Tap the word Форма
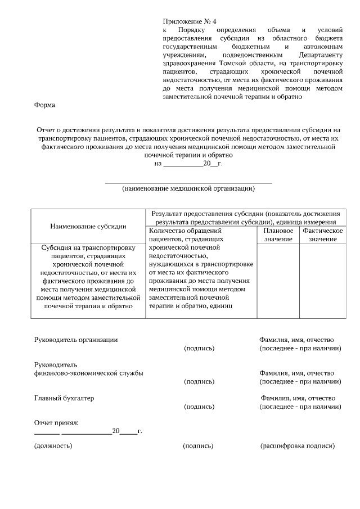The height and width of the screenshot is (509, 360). pyautogui.click(x=44, y=105)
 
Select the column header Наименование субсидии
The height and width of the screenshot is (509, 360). pyautogui.click(x=88, y=226)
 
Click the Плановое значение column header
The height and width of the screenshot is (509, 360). pyautogui.click(x=278, y=235)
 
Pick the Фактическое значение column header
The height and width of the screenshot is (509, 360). pyautogui.click(x=322, y=235)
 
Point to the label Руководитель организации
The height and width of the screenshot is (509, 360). pyautogui.click(x=76, y=340)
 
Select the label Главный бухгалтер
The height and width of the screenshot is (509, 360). pyautogui.click(x=64, y=398)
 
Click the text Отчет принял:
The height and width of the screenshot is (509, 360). pyautogui.click(x=56, y=422)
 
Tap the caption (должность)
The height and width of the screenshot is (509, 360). pyautogui.click(x=53, y=446)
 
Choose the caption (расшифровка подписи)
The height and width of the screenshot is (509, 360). pyautogui.click(x=298, y=446)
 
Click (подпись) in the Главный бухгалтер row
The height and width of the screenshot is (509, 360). pyautogui.click(x=199, y=407)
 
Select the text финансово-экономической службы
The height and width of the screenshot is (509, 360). pyautogui.click(x=88, y=373)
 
